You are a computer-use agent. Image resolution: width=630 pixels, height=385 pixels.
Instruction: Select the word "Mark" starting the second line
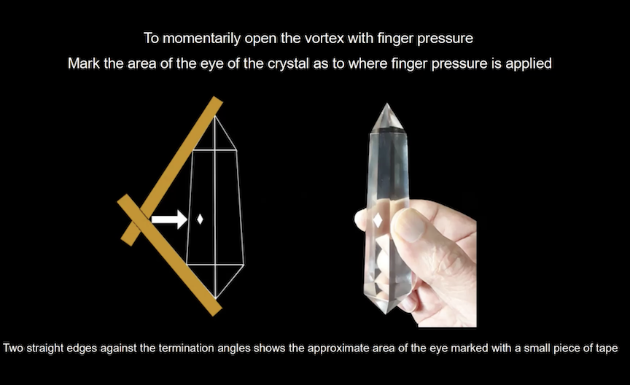click(x=84, y=63)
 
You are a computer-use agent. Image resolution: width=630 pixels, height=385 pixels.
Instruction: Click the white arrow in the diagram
click(x=169, y=219)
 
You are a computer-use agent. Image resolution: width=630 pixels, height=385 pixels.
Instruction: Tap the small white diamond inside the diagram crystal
click(x=200, y=219)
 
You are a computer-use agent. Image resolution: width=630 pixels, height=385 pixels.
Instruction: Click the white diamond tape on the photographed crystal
click(x=378, y=220)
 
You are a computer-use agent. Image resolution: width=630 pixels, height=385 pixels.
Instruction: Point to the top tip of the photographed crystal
click(x=386, y=104)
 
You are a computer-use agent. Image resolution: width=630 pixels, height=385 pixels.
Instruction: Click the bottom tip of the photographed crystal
click(x=386, y=313)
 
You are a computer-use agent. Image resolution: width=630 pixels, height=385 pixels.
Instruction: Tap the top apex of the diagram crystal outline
click(x=215, y=116)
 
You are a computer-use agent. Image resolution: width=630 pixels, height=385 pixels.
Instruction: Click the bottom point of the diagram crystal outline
click(x=215, y=299)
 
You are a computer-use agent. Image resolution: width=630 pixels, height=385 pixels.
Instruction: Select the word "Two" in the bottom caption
click(x=13, y=348)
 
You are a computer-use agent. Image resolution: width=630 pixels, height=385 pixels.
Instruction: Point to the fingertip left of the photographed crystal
click(x=361, y=219)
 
